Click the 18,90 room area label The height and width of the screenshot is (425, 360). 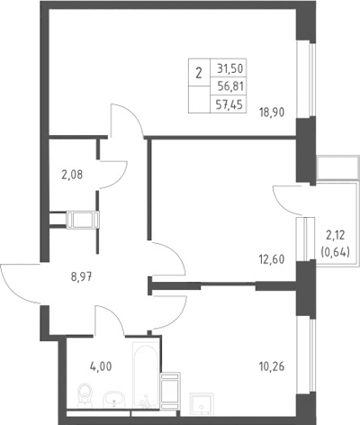[x=272, y=113]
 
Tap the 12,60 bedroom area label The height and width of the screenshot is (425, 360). [x=272, y=259]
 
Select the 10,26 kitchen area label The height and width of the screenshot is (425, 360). [x=272, y=366]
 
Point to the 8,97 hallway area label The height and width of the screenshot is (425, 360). [x=81, y=276]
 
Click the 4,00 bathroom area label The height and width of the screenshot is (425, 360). [x=101, y=366]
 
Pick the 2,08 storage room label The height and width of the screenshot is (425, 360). [x=72, y=175]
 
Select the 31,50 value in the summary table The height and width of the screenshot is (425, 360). [x=229, y=69]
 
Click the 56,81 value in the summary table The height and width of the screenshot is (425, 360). [x=230, y=86]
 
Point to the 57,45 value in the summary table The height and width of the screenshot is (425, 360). [x=230, y=105]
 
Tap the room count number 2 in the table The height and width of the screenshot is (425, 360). [x=199, y=73]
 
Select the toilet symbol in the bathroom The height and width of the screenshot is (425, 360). [x=85, y=395]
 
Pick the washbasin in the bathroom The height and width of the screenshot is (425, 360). [x=114, y=399]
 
